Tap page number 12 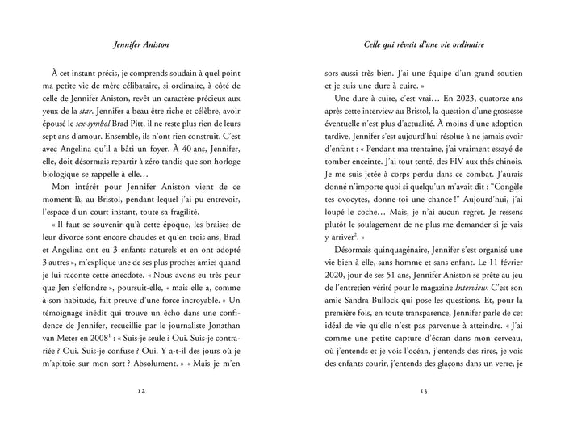point(141,391)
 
